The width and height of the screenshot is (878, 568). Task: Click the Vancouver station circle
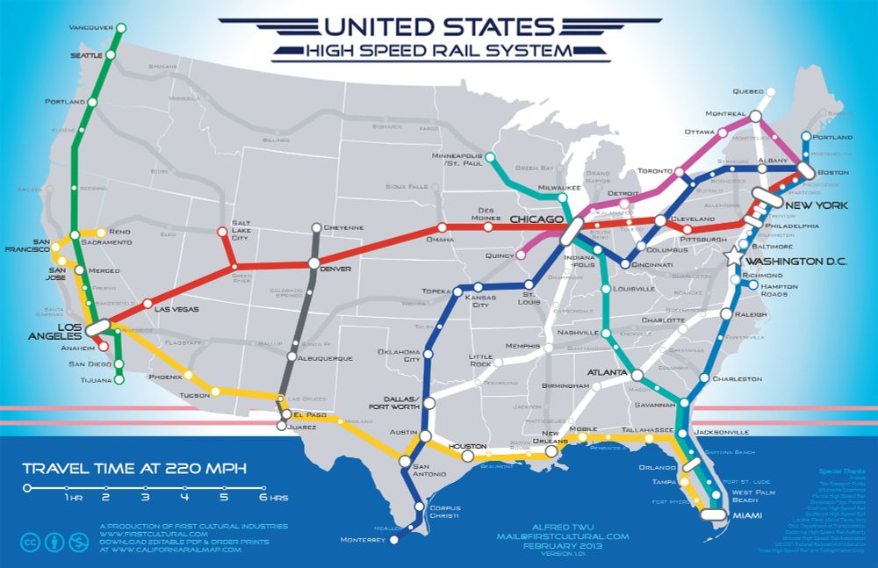coord(121,28)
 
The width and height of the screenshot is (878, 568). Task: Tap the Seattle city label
coord(86,55)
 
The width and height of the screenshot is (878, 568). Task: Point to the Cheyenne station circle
coord(316,227)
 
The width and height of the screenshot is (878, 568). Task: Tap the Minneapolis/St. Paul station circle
coord(490,158)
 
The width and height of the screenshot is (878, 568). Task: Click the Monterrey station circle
coord(392,540)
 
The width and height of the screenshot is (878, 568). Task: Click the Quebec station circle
coord(770,91)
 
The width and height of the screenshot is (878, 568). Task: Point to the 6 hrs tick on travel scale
coord(263,487)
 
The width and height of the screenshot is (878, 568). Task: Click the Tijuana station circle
coord(119,380)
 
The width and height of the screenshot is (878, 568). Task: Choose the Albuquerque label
coord(326,358)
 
